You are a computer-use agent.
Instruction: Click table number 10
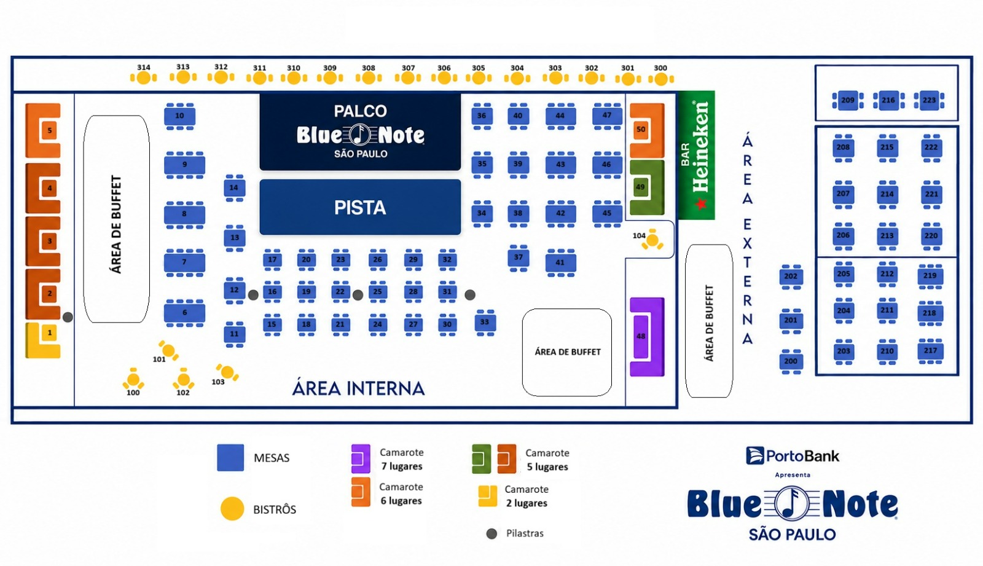[179, 116]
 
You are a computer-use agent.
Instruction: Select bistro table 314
[144, 77]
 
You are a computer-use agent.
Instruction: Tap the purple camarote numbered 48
[647, 337]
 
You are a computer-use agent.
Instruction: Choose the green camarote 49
[647, 187]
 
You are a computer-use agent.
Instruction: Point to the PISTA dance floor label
[360, 208]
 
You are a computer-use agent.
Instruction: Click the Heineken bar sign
[697, 155]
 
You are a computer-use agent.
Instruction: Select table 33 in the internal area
[485, 322]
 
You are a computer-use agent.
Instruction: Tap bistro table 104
[652, 240]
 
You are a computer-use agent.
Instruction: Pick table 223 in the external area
[929, 100]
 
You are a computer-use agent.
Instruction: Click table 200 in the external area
[791, 361]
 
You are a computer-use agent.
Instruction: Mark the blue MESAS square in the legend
[230, 458]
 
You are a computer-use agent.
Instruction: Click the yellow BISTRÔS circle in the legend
[232, 508]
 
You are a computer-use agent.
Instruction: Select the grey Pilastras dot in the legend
[491, 533]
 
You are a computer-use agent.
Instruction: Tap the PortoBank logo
[793, 456]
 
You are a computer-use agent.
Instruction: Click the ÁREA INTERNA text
[358, 388]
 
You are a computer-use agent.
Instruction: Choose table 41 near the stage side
[560, 262]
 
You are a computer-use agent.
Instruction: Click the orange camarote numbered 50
[647, 131]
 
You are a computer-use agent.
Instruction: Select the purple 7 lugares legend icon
[361, 458]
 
